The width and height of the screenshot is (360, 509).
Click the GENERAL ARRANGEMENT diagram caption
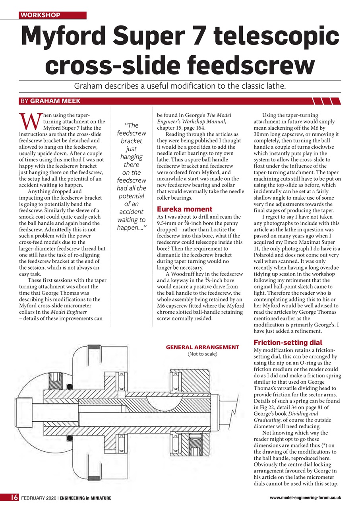click(202, 347)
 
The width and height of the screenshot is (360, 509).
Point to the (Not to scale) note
click(202, 354)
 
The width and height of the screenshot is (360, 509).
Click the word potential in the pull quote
click(131, 196)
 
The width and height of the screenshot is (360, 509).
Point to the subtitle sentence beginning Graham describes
click(180, 86)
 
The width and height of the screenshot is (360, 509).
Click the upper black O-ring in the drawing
click(69, 386)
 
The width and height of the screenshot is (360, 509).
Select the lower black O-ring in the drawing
click(69, 439)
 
